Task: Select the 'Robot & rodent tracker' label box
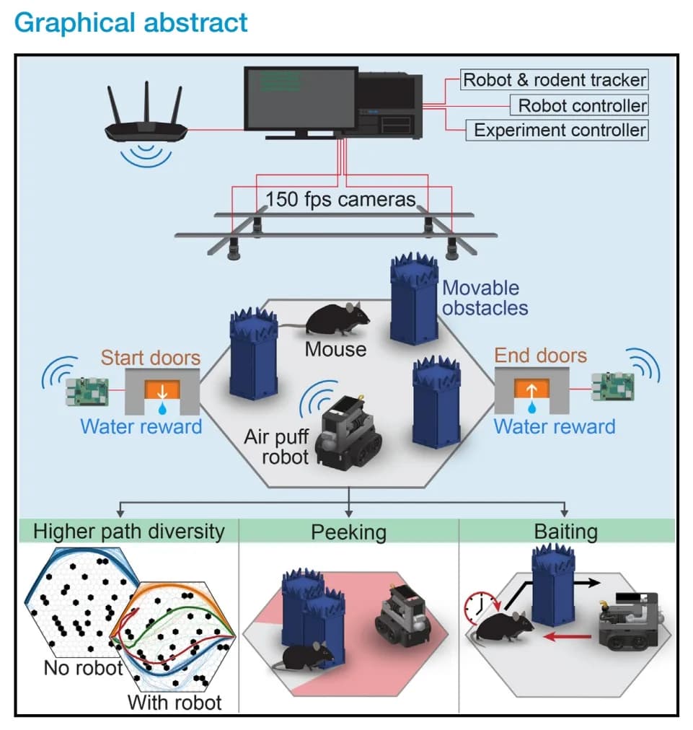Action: [555, 79]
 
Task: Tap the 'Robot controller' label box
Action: [582, 105]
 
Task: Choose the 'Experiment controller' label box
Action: [560, 131]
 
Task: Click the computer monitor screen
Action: [301, 99]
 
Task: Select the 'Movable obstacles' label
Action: [485, 297]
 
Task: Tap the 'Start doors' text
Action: [150, 357]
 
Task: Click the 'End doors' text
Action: [540, 355]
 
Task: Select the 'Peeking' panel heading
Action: [348, 532]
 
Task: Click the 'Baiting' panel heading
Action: [566, 532]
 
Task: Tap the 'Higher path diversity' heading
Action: [129, 532]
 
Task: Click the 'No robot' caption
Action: [84, 668]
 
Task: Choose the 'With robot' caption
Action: [175, 701]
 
